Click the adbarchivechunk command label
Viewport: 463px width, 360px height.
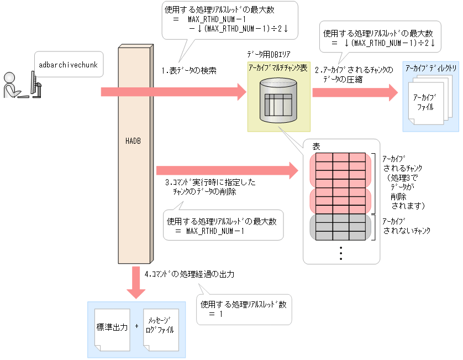(x=68, y=65)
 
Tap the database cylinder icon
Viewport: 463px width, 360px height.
(x=278, y=101)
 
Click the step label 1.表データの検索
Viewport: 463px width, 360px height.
(x=188, y=71)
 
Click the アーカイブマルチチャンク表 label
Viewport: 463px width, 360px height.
(x=277, y=67)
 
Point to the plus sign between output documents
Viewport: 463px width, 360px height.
(x=136, y=326)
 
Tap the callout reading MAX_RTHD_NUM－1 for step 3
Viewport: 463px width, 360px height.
(x=223, y=225)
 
